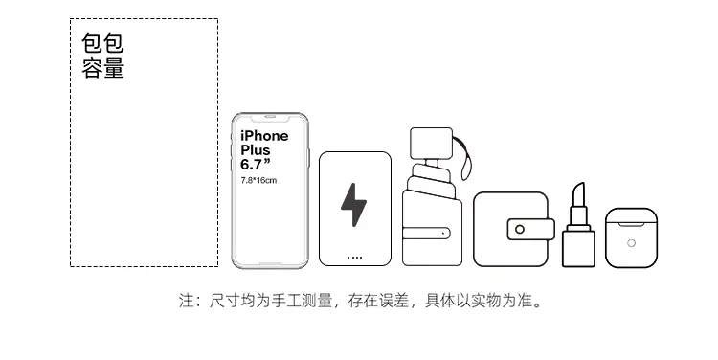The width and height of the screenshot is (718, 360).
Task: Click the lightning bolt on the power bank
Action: pos(353,205)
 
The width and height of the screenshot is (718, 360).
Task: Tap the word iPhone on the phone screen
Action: pos(264,136)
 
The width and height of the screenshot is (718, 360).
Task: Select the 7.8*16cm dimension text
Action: pos(258,180)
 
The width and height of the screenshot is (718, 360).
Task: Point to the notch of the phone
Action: pos(270,118)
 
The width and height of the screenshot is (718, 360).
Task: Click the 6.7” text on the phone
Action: pos(256,164)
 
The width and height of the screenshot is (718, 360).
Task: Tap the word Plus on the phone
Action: pos(256,149)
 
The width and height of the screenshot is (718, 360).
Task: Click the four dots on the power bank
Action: pos(354,258)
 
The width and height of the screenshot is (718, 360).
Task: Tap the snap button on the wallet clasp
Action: pos(519,229)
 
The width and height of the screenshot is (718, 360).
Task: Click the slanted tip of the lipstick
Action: pos(578,194)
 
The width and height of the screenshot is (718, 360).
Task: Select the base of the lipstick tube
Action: pos(578,248)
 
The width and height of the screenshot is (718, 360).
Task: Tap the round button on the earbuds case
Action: pos(631,243)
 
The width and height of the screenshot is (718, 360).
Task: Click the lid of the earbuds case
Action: pos(632,215)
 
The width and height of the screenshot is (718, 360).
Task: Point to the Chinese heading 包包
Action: pos(103,43)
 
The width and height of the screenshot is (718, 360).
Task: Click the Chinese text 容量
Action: pos(103,68)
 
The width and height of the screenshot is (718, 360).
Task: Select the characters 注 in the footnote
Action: pos(187,301)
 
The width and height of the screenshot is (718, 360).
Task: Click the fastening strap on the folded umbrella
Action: pos(426,233)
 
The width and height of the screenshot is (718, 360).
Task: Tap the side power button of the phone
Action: pos(308,158)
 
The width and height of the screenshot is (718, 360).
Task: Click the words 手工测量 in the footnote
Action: pos(302,301)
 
